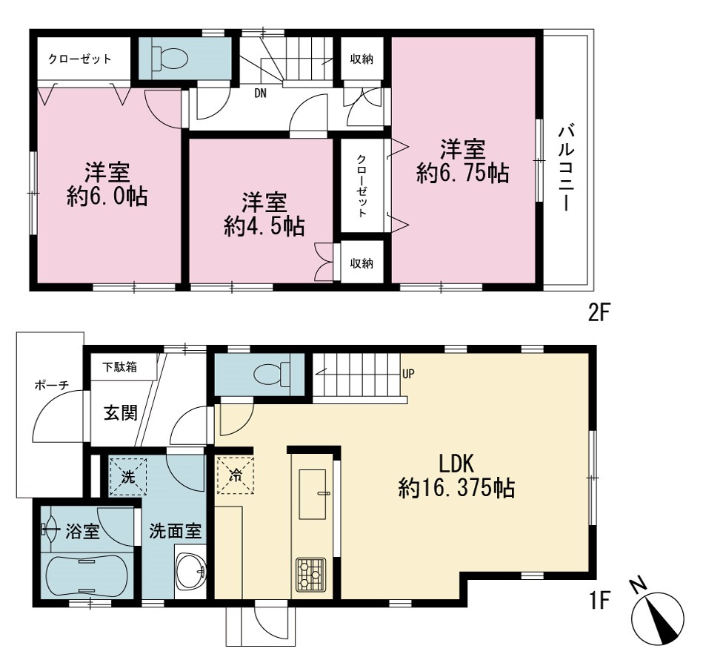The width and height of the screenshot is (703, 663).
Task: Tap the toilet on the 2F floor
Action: point(170,59)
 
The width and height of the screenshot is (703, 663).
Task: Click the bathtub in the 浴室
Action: point(87,575)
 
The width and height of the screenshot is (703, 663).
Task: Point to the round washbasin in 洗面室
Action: point(190,571)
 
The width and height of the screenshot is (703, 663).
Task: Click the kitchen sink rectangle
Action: point(313,494)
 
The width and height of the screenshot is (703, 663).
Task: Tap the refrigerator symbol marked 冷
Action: point(235,475)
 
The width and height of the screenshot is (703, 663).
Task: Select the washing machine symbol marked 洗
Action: point(128,477)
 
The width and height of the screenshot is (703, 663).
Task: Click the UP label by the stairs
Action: point(408,374)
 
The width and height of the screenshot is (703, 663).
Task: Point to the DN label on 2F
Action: point(261,93)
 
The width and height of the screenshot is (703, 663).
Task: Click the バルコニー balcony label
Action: point(567,169)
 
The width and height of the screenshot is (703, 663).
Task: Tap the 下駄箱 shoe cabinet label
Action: point(120,367)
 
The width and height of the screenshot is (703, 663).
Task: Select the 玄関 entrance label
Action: point(121,413)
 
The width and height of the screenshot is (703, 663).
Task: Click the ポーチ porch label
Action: point(52,385)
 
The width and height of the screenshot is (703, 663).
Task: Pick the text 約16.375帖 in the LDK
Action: point(456,487)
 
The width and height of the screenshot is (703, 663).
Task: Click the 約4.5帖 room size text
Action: point(264,226)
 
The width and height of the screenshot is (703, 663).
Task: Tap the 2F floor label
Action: point(599,313)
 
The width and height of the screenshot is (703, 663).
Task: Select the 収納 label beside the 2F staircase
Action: point(362,59)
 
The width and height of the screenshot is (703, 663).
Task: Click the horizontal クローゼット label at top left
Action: point(80,59)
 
